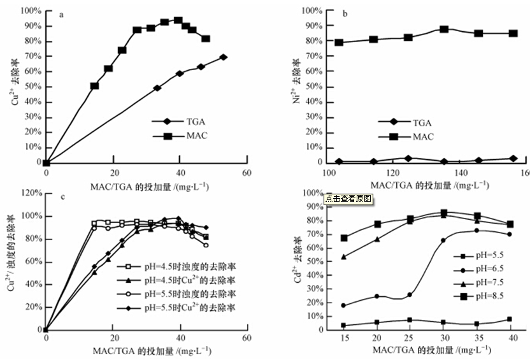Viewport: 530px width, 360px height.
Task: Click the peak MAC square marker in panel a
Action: [178, 20]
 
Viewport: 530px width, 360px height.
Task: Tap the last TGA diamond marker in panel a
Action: [223, 57]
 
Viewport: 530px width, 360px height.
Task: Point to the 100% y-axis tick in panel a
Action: [29, 11]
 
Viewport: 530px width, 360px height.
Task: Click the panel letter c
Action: [61, 195]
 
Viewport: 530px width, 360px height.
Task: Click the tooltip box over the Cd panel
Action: [348, 199]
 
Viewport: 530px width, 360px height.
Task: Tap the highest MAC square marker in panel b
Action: [444, 29]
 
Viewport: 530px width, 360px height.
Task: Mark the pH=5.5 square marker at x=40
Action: [509, 319]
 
